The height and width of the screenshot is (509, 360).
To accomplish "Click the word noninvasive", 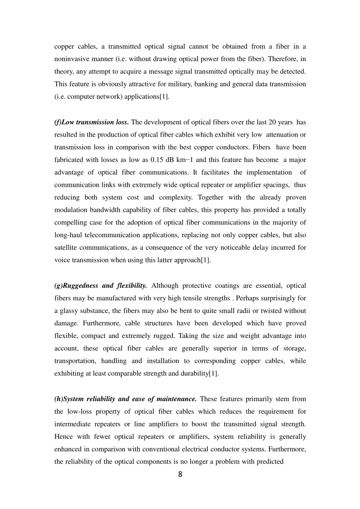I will pos(71,59).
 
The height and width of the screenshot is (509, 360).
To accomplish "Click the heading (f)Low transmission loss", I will pos(92,122).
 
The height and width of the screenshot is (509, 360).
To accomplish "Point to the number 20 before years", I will pos(272,122).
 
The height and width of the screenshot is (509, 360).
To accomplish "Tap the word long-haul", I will pos(69,235).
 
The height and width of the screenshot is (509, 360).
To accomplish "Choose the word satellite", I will pos(66,248).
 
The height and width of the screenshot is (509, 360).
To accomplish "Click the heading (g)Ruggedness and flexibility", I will pos(101,286).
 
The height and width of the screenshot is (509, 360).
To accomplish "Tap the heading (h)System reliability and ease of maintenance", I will pos(126,399).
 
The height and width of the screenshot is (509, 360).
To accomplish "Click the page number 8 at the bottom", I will pos(180,475).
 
